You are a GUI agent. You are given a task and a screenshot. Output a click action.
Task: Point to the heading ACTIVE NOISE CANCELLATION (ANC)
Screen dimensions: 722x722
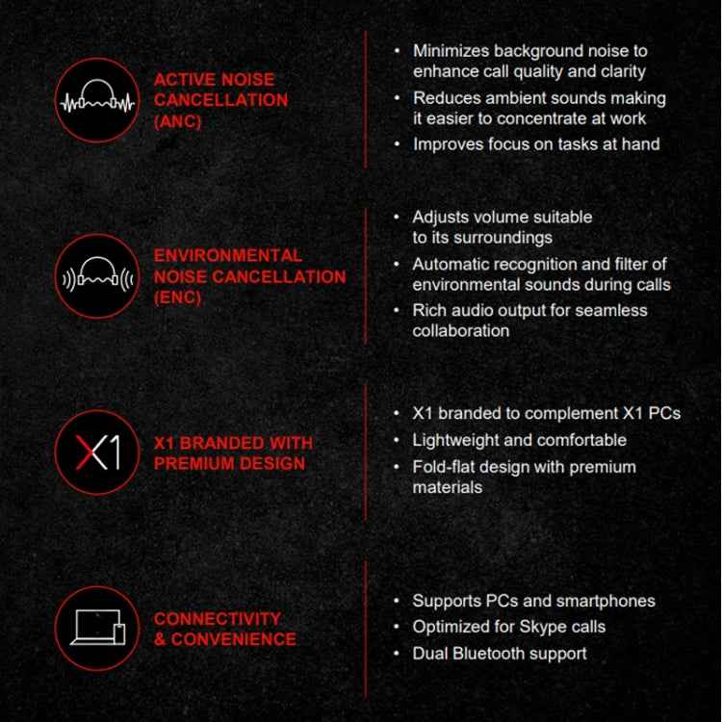(220, 101)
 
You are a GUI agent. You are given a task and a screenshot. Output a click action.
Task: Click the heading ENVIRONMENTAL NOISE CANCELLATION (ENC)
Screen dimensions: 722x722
(249, 276)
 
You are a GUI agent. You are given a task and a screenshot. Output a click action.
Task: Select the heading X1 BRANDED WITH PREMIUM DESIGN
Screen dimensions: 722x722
(233, 452)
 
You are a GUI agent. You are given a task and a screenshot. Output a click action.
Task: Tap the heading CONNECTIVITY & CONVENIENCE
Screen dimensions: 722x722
(224, 629)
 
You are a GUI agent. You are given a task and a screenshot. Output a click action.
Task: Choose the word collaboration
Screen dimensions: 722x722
(460, 330)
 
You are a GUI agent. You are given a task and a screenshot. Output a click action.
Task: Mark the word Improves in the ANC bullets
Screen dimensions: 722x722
(448, 144)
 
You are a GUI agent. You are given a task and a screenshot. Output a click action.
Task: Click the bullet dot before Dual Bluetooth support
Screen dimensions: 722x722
(398, 654)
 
